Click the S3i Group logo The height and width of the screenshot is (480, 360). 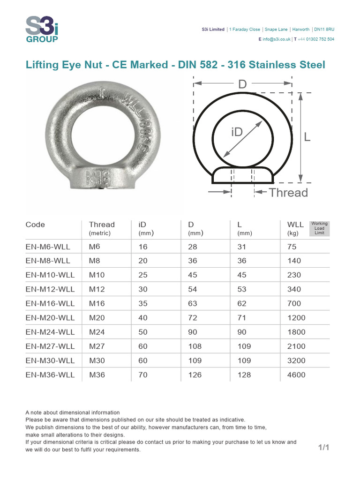(42, 29)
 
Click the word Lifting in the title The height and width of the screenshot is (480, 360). (43, 65)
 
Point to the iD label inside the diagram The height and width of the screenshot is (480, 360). (237, 132)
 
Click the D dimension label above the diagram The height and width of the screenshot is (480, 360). (242, 84)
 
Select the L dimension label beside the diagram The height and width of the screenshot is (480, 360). (307, 137)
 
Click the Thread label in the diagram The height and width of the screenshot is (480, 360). (288, 193)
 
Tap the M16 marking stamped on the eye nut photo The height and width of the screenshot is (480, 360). (97, 178)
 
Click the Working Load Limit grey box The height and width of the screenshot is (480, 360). (320, 228)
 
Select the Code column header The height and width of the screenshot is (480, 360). (35, 225)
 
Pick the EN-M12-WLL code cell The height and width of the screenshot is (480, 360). (50, 289)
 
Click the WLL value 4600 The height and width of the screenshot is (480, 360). (296, 375)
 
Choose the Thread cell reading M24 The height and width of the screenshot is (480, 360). (97, 332)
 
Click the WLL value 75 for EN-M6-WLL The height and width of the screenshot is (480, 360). (292, 247)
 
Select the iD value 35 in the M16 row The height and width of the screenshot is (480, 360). (143, 303)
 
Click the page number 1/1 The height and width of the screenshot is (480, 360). (324, 448)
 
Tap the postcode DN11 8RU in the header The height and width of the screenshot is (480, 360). (324, 29)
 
